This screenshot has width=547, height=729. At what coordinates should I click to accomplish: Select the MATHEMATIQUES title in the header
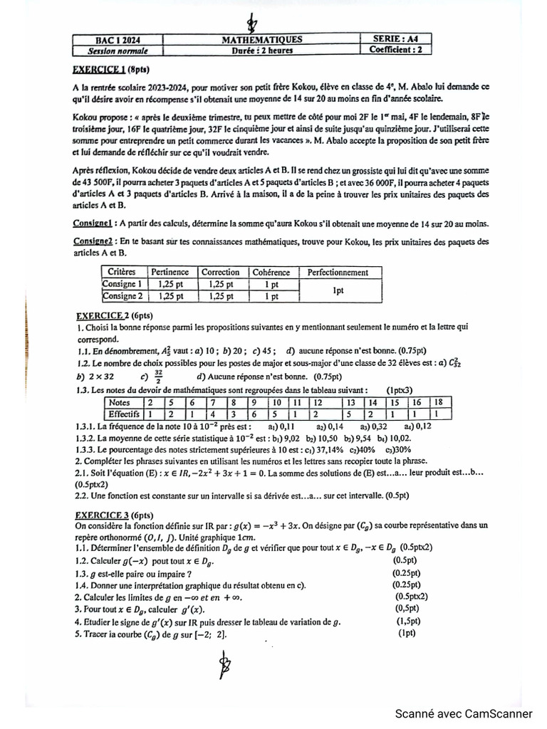pos(262,40)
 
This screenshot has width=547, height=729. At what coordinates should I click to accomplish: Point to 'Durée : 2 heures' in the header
pos(261,51)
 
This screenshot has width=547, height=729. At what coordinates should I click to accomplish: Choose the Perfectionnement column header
pos(337,272)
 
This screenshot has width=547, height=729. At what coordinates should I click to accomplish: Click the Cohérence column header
pos(271,272)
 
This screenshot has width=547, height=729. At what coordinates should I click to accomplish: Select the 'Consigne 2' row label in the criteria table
pos(123,296)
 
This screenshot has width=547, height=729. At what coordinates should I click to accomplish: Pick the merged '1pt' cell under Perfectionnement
pos(338,290)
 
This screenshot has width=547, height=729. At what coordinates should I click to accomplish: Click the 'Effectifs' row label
pos(123,413)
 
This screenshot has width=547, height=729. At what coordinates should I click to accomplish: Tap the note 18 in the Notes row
pos(439,402)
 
